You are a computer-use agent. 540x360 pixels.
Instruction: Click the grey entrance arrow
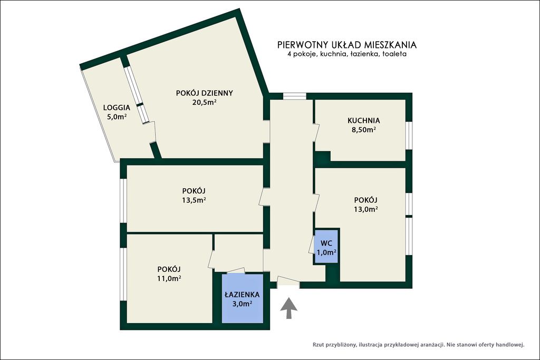click(288, 308)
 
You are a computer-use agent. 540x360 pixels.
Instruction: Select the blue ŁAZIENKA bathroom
click(243, 298)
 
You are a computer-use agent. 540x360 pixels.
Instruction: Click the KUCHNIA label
click(364, 121)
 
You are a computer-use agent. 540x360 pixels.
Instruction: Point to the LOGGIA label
click(117, 108)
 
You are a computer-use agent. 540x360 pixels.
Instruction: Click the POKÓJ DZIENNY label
click(205, 93)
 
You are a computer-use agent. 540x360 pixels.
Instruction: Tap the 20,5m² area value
click(204, 102)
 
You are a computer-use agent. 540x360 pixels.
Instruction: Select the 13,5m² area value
click(194, 200)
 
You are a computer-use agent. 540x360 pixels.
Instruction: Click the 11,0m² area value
click(169, 278)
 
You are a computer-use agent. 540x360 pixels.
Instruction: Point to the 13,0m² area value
click(366, 209)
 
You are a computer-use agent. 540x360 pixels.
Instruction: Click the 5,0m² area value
click(117, 116)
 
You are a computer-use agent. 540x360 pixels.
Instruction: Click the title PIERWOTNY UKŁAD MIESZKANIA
click(347, 45)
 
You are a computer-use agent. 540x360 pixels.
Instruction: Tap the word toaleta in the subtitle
click(394, 54)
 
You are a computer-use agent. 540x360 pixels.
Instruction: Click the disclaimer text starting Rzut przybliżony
click(418, 344)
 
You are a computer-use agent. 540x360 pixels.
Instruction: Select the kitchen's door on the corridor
click(316, 132)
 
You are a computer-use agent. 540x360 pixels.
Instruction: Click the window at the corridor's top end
click(294, 96)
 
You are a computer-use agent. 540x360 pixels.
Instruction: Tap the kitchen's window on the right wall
click(409, 135)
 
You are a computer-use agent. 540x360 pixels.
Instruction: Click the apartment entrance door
click(288, 281)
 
